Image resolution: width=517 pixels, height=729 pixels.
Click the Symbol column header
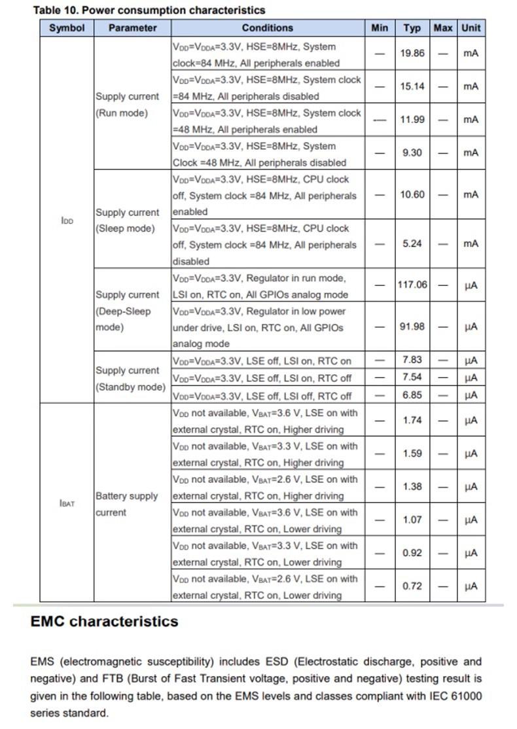point(66,27)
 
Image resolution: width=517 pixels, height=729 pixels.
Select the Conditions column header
point(267,27)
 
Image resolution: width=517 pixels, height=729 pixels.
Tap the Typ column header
point(412,27)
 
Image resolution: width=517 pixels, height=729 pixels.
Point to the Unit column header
point(471,27)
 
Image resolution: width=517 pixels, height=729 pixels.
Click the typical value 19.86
point(412,53)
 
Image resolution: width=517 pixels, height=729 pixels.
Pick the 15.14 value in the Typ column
point(412,86)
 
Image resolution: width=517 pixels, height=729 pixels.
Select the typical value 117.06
point(412,285)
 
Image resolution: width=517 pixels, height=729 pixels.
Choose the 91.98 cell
point(412,327)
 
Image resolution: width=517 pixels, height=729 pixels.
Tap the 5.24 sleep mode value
point(412,243)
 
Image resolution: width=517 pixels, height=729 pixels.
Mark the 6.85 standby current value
point(412,395)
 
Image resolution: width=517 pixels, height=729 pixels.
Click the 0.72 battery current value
point(412,586)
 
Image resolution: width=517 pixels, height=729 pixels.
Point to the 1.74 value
point(412,420)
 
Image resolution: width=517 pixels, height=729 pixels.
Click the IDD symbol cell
point(66,221)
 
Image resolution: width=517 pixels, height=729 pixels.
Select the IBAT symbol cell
point(66,503)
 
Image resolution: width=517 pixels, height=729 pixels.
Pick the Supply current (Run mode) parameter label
point(127,105)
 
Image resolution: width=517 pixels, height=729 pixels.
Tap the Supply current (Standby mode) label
point(130,379)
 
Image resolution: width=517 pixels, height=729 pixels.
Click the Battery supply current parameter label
point(126,504)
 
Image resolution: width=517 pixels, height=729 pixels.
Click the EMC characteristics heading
point(104,621)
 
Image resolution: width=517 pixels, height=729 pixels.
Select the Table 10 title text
point(149,10)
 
